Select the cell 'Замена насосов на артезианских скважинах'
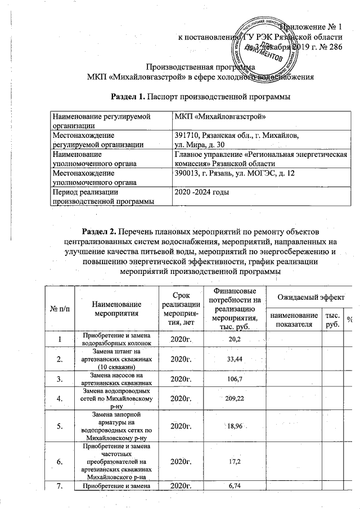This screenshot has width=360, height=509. coord(118,379)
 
